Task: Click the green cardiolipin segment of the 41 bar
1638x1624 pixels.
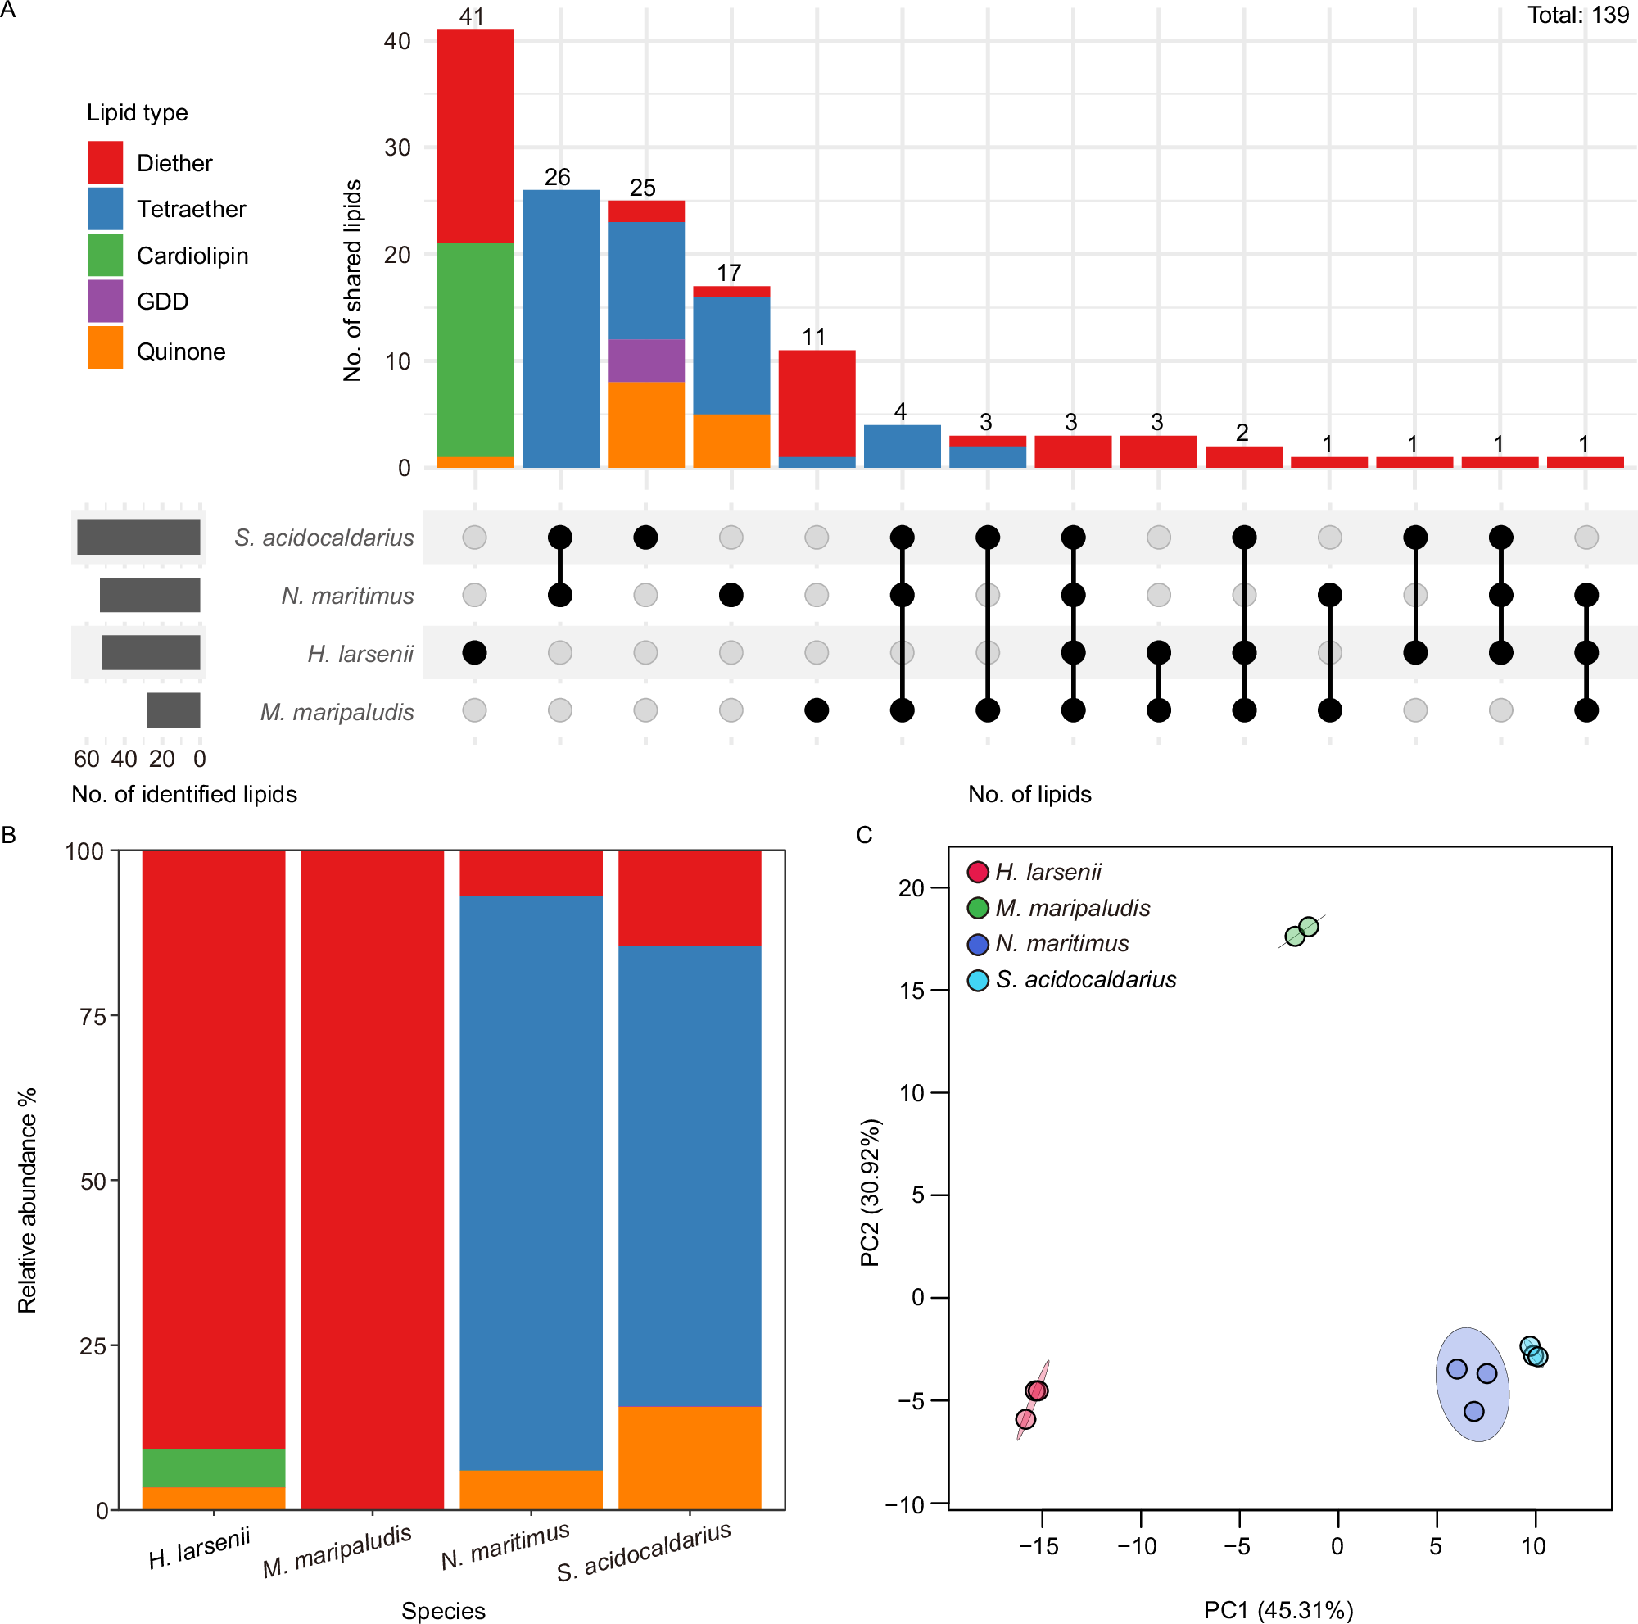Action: point(475,349)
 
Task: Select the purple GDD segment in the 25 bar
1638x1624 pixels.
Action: point(645,361)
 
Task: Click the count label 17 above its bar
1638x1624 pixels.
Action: point(728,272)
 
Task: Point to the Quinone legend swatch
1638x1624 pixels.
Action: point(105,347)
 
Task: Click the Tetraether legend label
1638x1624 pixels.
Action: point(191,209)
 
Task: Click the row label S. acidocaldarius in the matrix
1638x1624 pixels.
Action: point(324,538)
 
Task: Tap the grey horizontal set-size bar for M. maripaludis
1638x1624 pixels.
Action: point(173,710)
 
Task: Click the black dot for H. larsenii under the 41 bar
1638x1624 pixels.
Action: point(475,652)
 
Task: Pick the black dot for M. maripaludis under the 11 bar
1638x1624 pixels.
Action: point(816,710)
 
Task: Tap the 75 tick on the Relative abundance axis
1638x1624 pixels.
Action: point(93,1016)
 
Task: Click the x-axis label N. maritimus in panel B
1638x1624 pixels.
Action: point(505,1545)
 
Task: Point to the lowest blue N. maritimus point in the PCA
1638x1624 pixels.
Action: point(1473,1411)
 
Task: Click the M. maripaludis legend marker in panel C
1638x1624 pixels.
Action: point(978,907)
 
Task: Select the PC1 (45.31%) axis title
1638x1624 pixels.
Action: point(1278,1609)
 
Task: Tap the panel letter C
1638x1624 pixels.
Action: point(864,835)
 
